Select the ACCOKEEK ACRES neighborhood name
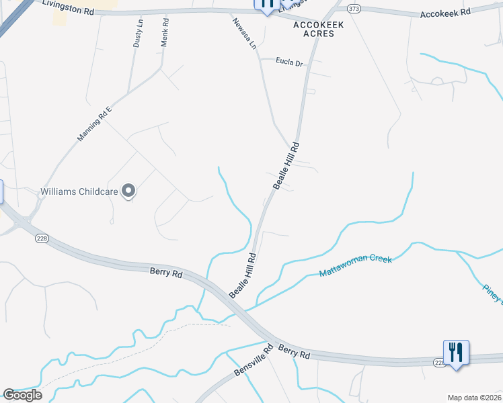coord(318,29)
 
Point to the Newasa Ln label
coord(245,35)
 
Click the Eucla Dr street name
coord(290,62)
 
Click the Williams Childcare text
coord(79,191)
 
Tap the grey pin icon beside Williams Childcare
coord(128,191)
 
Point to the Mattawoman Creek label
coord(355,266)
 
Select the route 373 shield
coord(354,9)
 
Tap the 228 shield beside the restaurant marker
coord(439,363)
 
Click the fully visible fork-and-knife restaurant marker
coord(456,352)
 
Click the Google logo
coord(22,395)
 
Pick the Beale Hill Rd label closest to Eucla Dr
coord(285,165)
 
